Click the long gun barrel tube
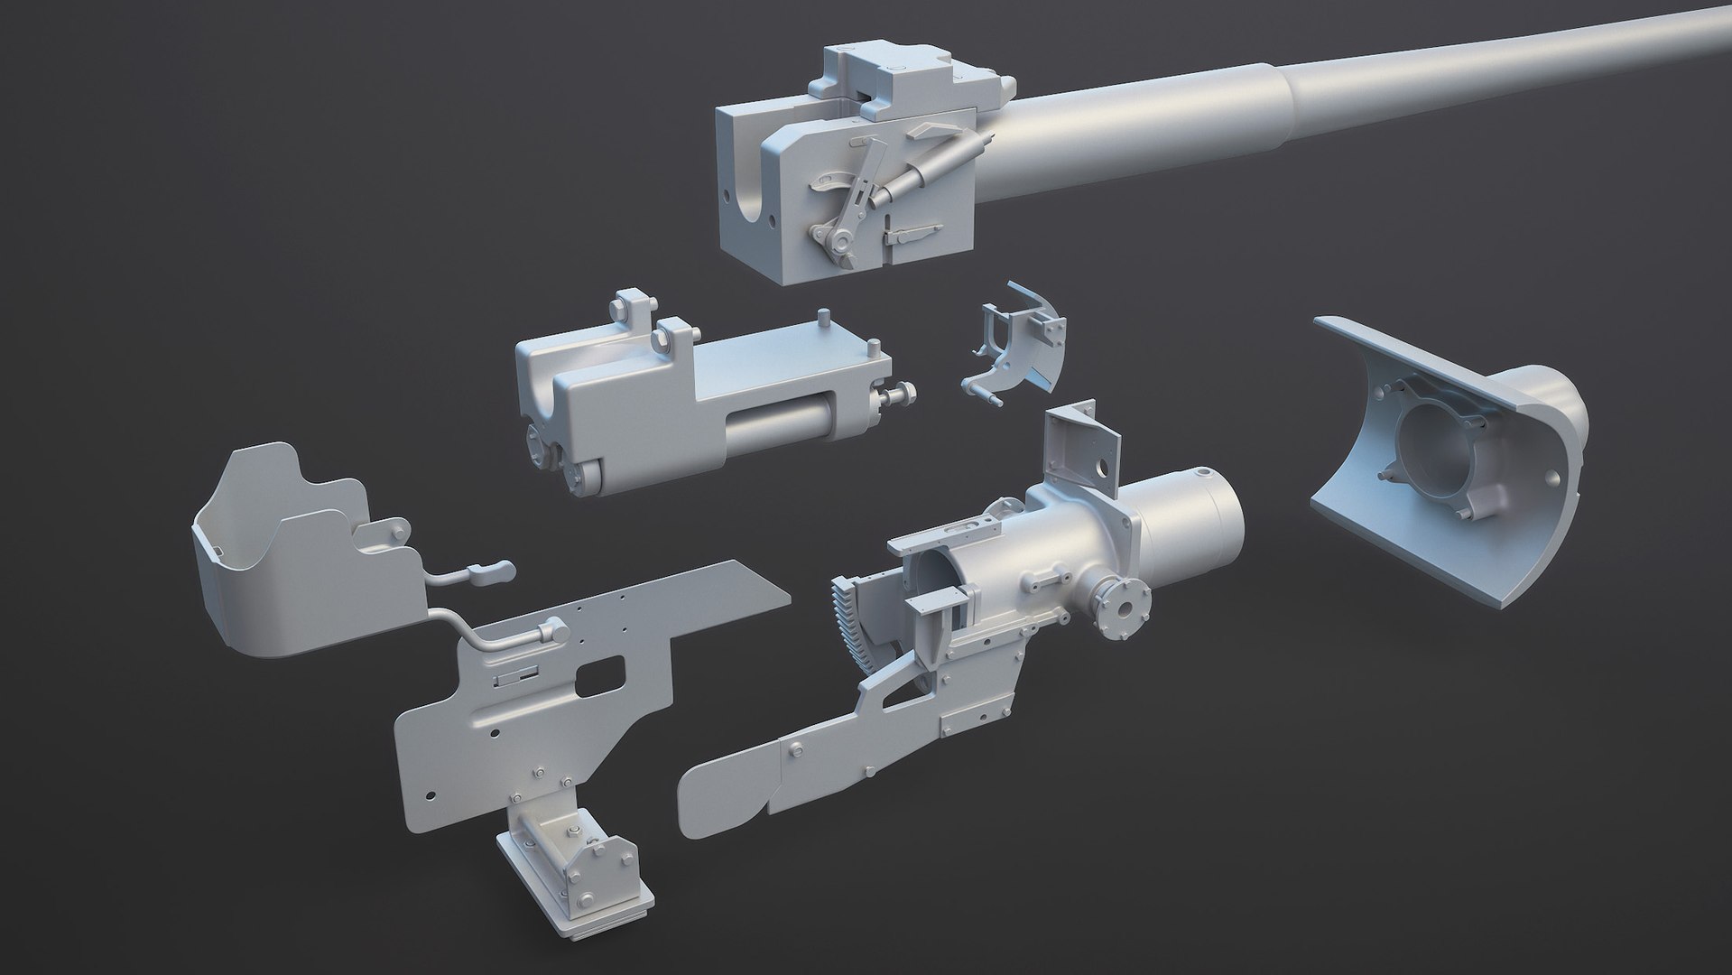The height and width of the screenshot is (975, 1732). pos(1354,99)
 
